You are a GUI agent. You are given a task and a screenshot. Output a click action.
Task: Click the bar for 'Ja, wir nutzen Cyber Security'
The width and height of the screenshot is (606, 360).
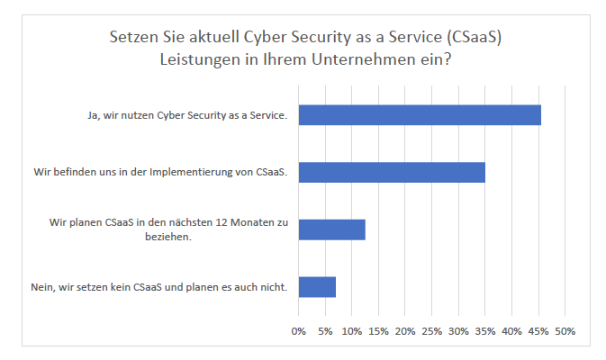tap(420, 114)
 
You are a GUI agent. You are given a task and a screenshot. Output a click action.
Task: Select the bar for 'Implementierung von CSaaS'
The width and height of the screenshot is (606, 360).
tap(392, 172)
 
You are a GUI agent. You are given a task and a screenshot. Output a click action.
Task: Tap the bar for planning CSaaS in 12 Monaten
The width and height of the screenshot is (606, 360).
tap(331, 229)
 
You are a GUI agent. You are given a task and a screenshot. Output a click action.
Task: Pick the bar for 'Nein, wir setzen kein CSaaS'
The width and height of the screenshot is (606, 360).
tap(317, 287)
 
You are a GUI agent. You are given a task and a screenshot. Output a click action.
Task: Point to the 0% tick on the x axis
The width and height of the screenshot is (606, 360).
tap(299, 331)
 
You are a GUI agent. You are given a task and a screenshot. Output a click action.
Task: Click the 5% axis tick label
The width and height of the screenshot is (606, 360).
tap(325, 331)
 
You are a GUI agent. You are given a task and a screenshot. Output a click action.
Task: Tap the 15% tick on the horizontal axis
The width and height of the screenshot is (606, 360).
tap(378, 331)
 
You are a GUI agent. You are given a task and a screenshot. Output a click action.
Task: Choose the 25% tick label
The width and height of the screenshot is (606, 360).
tap(431, 331)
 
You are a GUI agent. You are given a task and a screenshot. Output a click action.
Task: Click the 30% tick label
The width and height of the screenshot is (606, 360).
tap(458, 331)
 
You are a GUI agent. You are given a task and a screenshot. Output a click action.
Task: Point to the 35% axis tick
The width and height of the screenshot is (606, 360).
tap(484, 331)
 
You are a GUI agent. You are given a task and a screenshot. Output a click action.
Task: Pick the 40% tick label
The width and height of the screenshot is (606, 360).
tap(511, 331)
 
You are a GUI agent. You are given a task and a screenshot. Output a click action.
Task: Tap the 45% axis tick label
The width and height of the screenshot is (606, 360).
tap(538, 331)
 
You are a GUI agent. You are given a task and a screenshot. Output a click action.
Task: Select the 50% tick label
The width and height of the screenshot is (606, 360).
tap(565, 331)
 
